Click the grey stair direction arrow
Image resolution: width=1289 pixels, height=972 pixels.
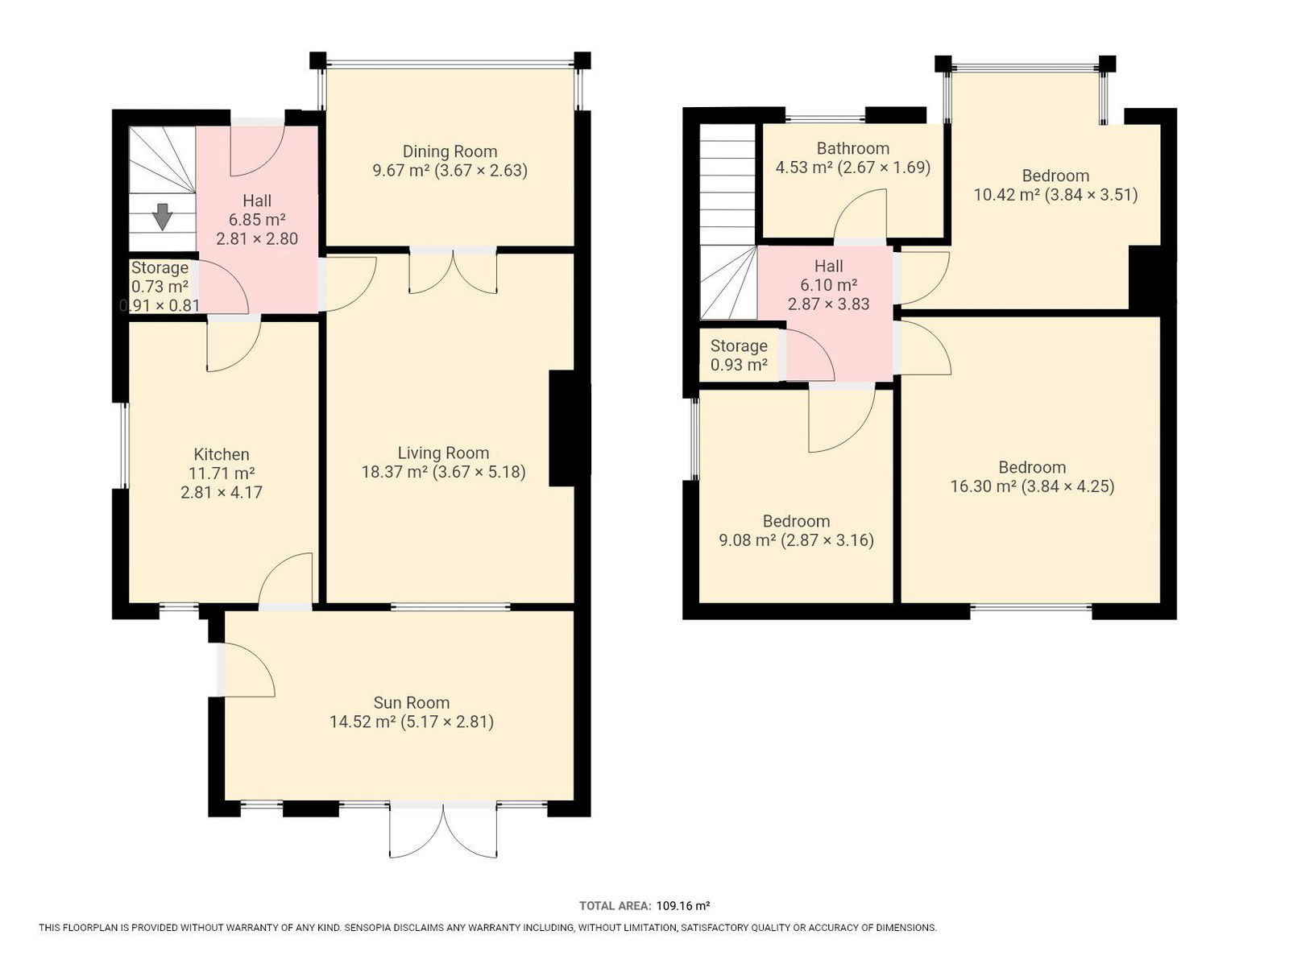click(161, 216)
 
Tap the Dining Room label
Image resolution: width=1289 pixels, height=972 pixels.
click(450, 151)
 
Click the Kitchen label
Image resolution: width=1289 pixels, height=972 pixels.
click(222, 453)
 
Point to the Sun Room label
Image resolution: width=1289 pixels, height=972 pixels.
click(411, 702)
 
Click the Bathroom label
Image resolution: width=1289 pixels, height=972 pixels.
click(852, 148)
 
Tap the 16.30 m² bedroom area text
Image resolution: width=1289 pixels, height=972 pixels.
click(983, 486)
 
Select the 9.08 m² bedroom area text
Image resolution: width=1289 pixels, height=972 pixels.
click(747, 540)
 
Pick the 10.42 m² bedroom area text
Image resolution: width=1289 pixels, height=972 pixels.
click(1006, 194)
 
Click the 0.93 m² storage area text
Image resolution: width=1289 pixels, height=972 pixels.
click(739, 365)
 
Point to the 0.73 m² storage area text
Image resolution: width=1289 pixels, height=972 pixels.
click(160, 287)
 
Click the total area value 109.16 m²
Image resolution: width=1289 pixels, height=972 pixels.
click(683, 906)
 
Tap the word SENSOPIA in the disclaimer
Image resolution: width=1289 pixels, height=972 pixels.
click(365, 928)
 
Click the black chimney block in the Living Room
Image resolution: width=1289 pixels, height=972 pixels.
click(569, 428)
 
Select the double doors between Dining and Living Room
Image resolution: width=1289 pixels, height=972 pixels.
click(453, 271)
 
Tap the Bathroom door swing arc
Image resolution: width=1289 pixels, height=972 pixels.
click(859, 200)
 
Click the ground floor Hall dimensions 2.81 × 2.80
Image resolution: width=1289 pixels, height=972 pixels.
click(257, 238)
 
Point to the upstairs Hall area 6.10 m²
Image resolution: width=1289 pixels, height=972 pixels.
click(829, 284)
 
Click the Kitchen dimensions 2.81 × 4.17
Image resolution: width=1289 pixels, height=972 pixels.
click(222, 492)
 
